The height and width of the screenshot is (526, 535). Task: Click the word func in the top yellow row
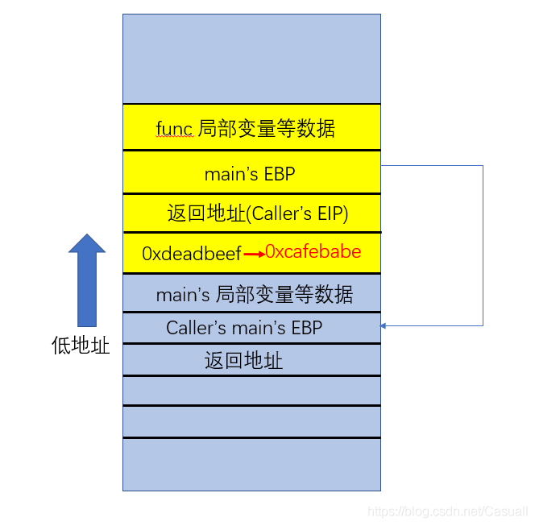tap(174, 128)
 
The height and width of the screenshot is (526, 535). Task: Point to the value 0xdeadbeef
tap(192, 253)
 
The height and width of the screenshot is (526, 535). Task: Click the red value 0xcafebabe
tap(313, 251)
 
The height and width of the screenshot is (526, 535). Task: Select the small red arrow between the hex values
tap(255, 255)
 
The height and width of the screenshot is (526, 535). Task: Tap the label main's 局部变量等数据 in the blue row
tap(254, 295)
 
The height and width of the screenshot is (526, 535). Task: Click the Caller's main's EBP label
tap(244, 328)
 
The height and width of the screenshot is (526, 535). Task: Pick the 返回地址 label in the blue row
tap(244, 360)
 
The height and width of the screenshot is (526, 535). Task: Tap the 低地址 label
tap(81, 346)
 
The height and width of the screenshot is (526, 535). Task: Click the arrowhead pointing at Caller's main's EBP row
tap(384, 325)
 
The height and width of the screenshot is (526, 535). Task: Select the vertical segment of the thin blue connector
tap(483, 246)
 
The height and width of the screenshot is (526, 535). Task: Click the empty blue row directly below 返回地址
tap(251, 390)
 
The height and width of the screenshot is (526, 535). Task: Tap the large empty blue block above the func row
tap(251, 58)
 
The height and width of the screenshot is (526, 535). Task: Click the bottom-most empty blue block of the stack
tap(251, 464)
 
